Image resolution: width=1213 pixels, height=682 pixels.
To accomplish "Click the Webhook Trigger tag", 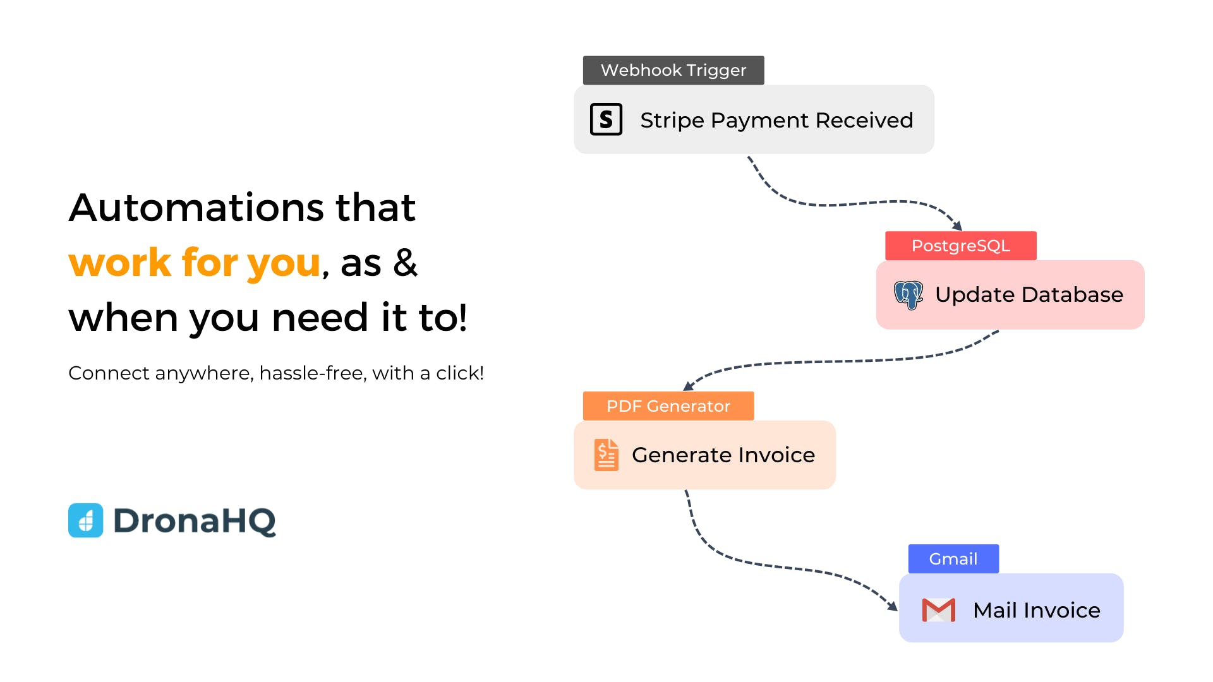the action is point(673,70).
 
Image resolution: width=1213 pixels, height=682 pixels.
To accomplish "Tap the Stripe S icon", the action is point(606,119).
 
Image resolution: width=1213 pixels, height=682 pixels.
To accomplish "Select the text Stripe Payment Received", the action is point(776,120).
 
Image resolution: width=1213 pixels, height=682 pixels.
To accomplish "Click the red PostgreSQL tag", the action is point(961,246).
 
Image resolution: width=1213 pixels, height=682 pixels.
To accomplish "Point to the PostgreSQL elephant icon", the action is point(908,295).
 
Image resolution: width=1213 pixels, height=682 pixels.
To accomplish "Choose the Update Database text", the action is point(1029,294).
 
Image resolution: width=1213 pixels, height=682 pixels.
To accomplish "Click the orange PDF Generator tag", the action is point(668,406).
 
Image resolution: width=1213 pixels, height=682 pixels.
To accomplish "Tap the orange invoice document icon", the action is point(606,455).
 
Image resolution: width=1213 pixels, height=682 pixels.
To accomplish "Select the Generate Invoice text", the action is point(723,455).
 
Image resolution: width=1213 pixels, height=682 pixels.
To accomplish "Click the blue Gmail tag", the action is point(953,559).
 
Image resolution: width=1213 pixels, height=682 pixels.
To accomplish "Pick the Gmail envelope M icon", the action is point(939,610).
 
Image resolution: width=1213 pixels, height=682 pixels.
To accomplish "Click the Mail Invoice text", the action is point(1037,610).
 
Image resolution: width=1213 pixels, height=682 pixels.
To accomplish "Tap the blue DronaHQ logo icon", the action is point(85,520).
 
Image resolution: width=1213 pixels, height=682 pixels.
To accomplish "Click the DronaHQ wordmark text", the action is point(195,522).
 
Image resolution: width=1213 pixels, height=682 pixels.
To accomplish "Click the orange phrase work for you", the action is point(195,263).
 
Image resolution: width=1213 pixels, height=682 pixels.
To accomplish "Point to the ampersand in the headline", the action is point(405,262).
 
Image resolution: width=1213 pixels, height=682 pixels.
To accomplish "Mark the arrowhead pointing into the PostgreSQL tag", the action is point(957,225).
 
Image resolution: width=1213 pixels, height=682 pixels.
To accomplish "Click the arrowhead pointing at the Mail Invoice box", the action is point(892,606).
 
